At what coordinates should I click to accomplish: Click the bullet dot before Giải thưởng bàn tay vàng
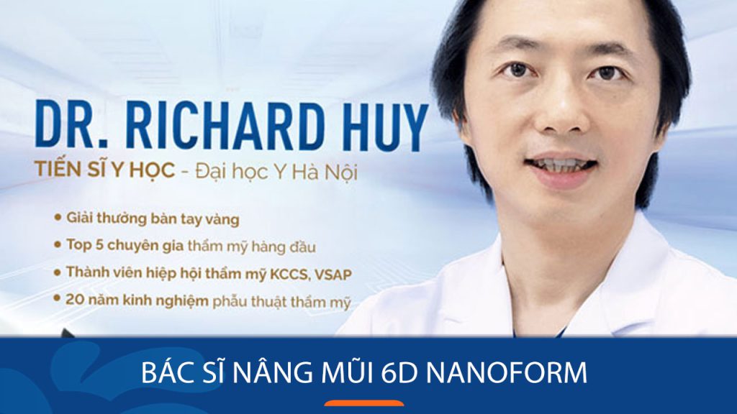click(57, 216)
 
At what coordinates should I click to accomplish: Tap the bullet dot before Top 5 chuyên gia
click(57, 245)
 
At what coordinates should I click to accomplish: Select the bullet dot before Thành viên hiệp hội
click(57, 274)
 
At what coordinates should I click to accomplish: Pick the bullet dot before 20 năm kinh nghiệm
click(57, 303)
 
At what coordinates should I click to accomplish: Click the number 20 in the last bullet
click(74, 302)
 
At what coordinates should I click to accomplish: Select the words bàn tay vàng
click(196, 216)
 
